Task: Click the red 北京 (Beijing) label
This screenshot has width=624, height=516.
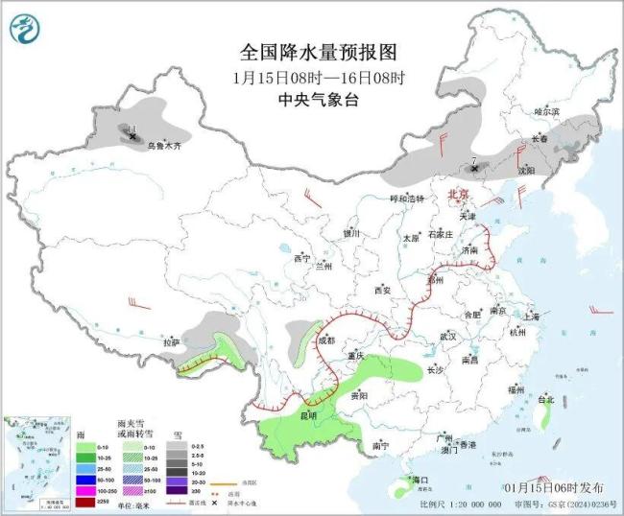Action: (458, 195)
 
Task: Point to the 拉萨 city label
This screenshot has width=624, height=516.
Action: (171, 342)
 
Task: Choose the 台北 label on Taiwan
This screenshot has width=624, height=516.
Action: (546, 398)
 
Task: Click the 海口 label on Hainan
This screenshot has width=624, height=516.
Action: (419, 479)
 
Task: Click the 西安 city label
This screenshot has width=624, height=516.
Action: (383, 290)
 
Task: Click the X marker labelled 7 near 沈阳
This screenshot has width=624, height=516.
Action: (474, 170)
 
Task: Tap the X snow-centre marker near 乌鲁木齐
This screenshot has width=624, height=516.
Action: (132, 137)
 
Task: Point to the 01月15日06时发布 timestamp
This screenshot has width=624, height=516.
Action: (567, 489)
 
